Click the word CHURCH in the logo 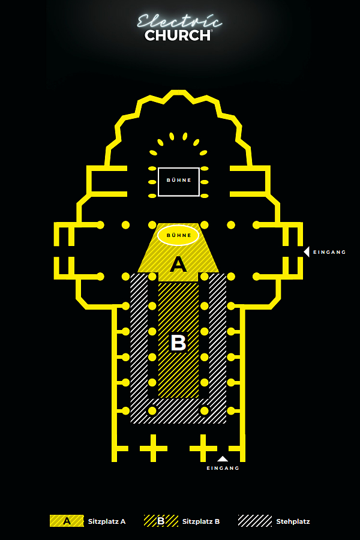click(x=178, y=35)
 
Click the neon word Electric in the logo click(x=179, y=22)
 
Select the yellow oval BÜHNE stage click(x=178, y=235)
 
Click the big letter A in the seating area click(x=178, y=265)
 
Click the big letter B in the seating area click(x=178, y=343)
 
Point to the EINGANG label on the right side click(x=329, y=252)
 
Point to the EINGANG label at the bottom click(x=223, y=468)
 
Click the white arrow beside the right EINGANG click(x=306, y=252)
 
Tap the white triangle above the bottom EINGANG click(x=223, y=459)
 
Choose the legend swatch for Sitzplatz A click(x=67, y=521)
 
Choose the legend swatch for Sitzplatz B click(x=161, y=521)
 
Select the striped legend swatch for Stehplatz click(x=255, y=521)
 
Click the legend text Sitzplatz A click(x=107, y=521)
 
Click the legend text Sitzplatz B click(x=201, y=521)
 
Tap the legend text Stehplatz click(x=293, y=521)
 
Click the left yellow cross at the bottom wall click(x=154, y=448)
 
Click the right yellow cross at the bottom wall click(x=203, y=448)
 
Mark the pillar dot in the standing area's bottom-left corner click(x=152, y=410)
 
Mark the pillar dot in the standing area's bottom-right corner click(x=204, y=410)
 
